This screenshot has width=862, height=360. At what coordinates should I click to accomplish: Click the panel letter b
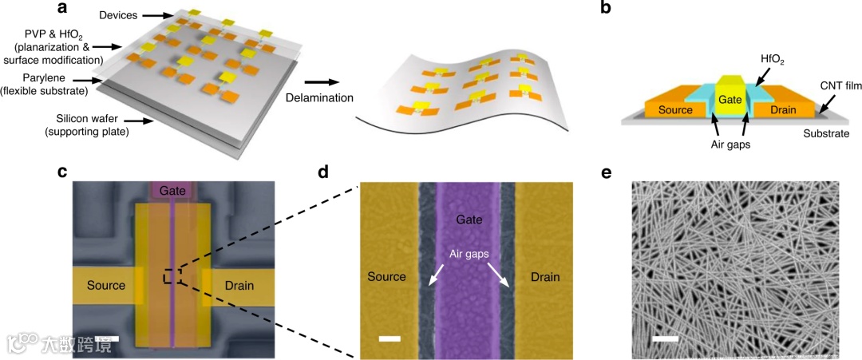(606, 10)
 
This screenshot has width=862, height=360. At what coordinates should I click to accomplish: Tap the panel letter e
(606, 172)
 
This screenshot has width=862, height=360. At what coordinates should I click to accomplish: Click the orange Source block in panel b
(672, 110)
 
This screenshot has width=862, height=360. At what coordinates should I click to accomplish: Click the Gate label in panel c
(173, 191)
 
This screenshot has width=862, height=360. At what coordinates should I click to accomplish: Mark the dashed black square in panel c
(173, 276)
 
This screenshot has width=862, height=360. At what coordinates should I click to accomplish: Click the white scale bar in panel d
(389, 338)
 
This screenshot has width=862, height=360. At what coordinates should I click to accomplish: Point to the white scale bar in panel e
(666, 338)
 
